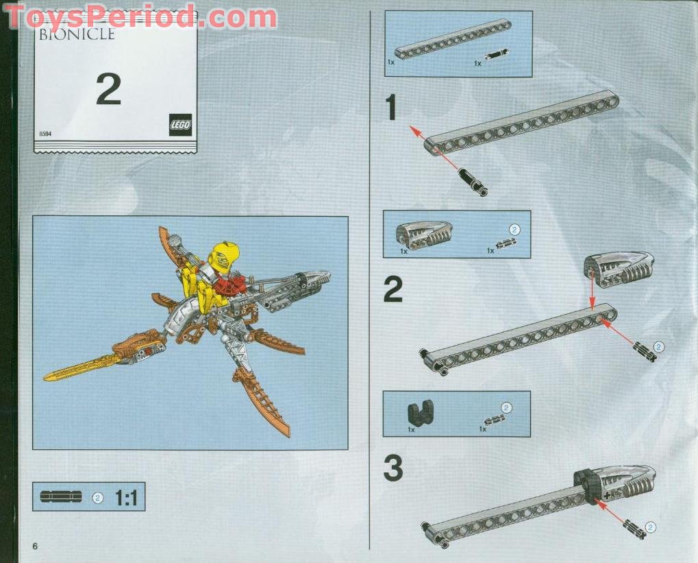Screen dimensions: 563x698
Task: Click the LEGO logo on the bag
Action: point(180,124)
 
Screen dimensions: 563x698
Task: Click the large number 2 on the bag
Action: point(108,89)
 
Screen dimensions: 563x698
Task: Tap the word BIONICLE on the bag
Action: point(76,34)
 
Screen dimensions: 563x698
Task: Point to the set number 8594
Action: point(46,134)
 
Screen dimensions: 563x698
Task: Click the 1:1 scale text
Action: point(127,497)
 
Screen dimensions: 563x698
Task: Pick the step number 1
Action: point(390,108)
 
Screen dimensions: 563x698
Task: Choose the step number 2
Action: point(392,290)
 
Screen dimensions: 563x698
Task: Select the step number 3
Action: point(392,469)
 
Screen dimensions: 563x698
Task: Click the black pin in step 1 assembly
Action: point(473,182)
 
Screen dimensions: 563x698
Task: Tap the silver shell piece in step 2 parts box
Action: point(423,235)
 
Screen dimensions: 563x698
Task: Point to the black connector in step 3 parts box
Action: point(418,413)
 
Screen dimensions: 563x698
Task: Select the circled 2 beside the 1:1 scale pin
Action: point(97,498)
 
